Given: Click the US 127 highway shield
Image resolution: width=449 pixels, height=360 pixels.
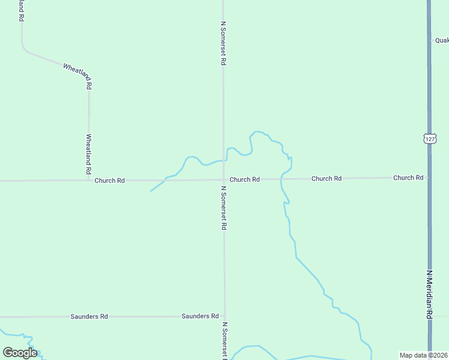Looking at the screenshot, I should [429, 139].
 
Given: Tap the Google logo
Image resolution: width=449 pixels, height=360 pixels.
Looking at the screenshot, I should [20, 353].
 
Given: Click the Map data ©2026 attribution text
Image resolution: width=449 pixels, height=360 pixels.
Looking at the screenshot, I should [424, 355].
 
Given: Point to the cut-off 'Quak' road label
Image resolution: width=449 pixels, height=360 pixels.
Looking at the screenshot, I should [441, 40].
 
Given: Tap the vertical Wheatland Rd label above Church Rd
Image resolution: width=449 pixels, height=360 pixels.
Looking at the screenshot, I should [89, 150].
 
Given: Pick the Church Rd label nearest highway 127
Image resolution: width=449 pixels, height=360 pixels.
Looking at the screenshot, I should [408, 178].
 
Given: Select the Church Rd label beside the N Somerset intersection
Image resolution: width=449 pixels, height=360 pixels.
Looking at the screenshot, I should [244, 179].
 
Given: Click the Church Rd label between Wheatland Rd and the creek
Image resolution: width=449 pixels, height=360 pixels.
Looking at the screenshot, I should [109, 180].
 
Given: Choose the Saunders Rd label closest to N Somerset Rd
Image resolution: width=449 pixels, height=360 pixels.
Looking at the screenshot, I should [200, 316].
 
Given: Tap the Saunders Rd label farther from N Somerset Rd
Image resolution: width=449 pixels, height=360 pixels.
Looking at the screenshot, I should [89, 316].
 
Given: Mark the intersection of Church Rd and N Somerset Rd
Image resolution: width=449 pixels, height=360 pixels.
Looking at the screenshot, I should [224, 179].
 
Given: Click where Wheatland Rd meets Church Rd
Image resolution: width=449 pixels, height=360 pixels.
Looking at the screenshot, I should [89, 180].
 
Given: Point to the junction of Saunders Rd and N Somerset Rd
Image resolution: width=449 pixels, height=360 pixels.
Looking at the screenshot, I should [224, 316].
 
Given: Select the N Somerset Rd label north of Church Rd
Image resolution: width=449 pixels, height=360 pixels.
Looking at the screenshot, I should [223, 43].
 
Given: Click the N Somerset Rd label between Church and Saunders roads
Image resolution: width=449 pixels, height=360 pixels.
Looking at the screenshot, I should [224, 208].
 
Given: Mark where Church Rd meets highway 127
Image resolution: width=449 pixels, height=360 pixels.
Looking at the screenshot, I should [429, 178].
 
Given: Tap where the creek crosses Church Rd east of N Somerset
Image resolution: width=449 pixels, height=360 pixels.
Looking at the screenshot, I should [280, 179].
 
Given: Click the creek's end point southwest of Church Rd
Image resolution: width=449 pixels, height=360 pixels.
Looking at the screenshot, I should [150, 191].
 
